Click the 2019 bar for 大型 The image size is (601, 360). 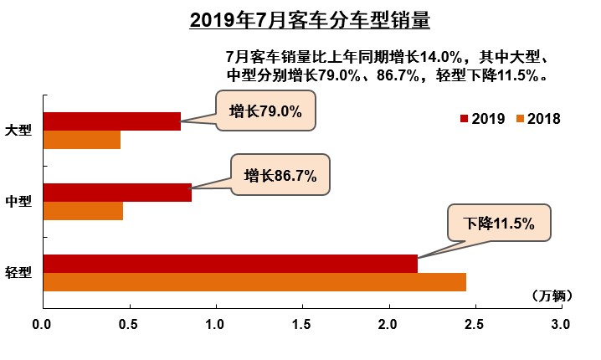tap(111, 121)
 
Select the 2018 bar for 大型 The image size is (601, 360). tap(81, 140)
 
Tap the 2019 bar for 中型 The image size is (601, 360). tap(117, 193)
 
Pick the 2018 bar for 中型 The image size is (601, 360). tap(83, 211)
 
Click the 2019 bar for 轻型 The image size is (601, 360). tap(230, 263)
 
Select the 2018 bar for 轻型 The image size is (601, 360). tap(254, 282)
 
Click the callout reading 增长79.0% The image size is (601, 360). tap(265, 111)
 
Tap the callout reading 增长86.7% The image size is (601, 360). tap(280, 176)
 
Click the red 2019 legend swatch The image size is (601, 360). tap(465, 118)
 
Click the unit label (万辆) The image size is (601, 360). tap(550, 296)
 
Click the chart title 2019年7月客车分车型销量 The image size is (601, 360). tap(309, 19)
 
